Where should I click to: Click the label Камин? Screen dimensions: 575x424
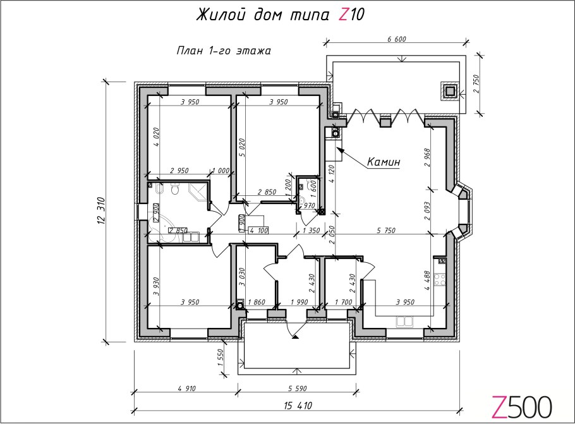point(384,161)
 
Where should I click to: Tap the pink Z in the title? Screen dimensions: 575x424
point(343,15)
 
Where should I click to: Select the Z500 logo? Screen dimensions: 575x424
point(521,407)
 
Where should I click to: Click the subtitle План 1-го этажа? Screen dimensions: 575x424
point(224,51)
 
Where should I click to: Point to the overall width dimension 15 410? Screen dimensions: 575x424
point(298,405)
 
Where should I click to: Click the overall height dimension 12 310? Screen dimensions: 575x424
point(102,210)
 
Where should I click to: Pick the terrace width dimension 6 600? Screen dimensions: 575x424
point(396,39)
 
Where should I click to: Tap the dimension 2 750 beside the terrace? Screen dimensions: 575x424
point(476,84)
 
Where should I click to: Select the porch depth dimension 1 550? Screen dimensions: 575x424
point(220,358)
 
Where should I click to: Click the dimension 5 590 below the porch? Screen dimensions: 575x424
point(298,388)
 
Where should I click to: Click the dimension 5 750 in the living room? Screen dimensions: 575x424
point(386,231)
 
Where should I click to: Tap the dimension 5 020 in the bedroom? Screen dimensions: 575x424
point(241,148)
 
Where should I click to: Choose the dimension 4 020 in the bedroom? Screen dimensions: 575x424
point(156,137)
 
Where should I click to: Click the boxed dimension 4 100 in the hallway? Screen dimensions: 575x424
point(258,231)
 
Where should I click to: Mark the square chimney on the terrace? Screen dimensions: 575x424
point(449,90)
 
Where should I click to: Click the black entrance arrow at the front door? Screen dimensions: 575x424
point(295,336)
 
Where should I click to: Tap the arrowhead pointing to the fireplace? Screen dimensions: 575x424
point(339,150)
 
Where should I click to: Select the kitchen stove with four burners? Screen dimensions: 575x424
point(440,280)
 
